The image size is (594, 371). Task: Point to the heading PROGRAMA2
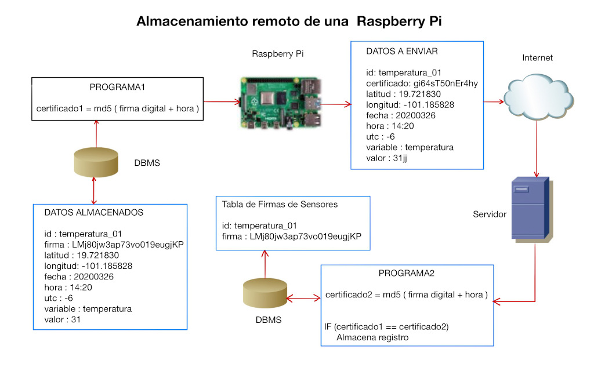[407, 273]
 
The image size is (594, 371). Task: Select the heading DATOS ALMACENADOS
[93, 213]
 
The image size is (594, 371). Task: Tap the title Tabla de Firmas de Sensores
[280, 204]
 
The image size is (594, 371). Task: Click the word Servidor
[490, 214]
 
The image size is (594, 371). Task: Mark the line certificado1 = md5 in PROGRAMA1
[117, 108]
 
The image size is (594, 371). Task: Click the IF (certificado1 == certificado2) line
[386, 327]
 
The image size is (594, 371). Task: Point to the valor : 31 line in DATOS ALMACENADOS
[62, 319]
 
